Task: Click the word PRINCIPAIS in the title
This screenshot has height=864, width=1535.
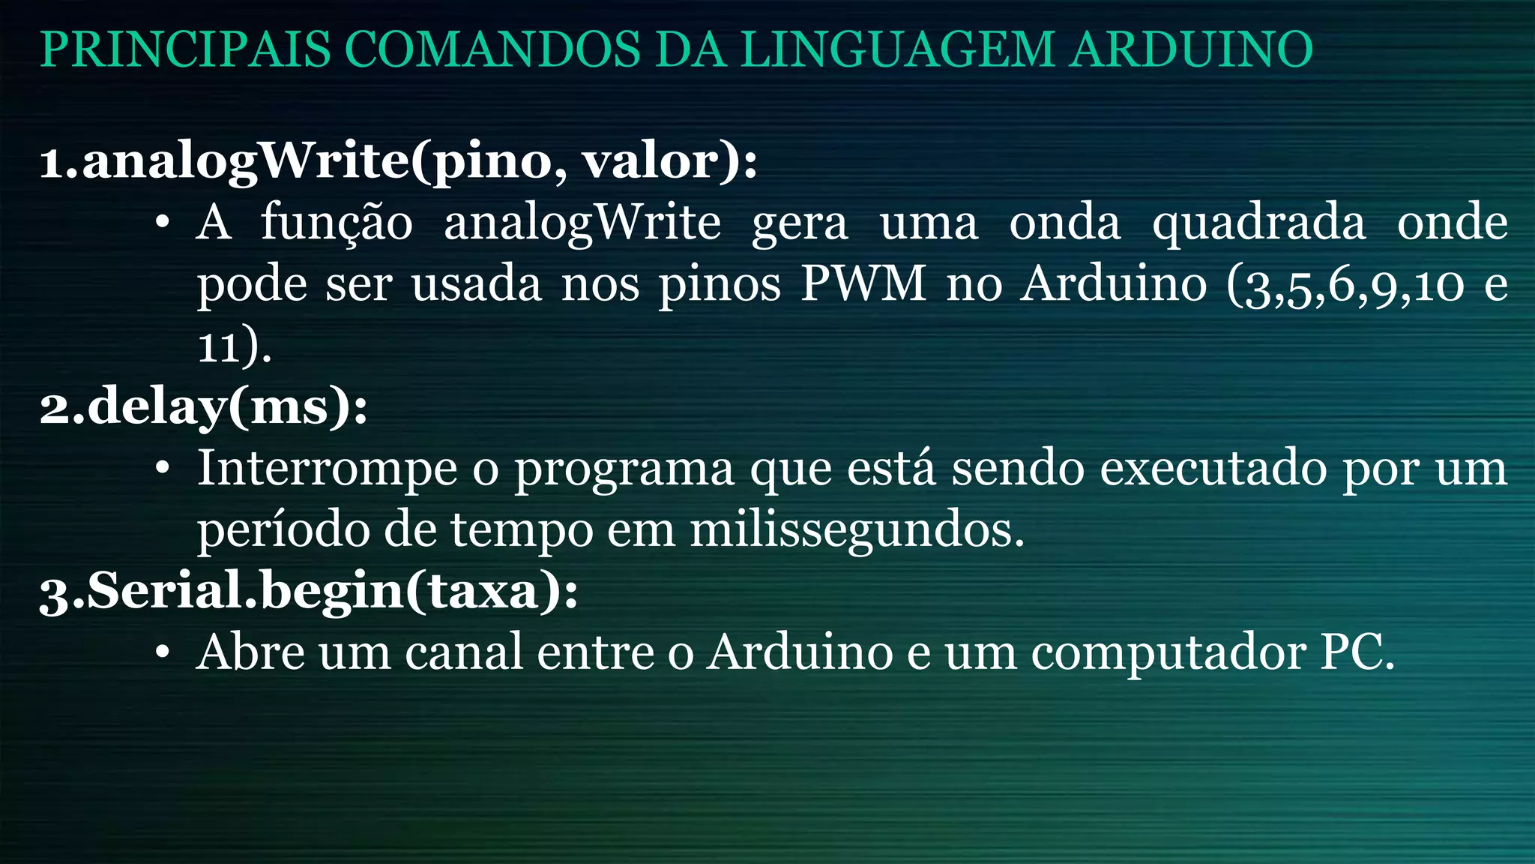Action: click(185, 49)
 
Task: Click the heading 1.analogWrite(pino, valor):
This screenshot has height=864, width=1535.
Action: click(398, 161)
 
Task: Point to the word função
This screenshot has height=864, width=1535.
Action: click(337, 223)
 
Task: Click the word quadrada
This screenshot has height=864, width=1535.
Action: click(1258, 224)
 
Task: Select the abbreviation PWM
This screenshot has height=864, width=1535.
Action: click(863, 284)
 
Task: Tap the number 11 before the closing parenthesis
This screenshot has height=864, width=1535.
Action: click(218, 346)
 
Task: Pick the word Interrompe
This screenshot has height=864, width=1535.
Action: click(327, 470)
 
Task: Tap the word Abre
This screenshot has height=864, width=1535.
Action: click(250, 652)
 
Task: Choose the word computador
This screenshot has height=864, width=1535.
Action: click(1168, 653)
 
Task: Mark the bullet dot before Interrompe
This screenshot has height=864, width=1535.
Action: click(163, 469)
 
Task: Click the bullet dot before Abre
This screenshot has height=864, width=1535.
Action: click(163, 652)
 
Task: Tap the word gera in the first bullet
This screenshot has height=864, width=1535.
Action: click(800, 224)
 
